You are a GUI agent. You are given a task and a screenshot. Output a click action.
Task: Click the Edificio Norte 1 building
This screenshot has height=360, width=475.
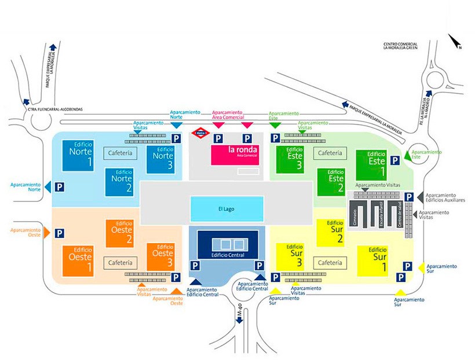[x=82, y=156]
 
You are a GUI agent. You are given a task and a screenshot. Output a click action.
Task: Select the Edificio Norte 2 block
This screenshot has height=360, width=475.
[x=119, y=181]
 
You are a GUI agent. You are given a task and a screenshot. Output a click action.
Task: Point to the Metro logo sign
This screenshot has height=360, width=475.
[x=200, y=133]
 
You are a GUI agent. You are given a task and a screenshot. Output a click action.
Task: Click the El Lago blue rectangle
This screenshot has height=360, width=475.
[x=226, y=208]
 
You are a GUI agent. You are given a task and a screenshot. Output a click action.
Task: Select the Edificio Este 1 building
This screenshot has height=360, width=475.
[x=371, y=164]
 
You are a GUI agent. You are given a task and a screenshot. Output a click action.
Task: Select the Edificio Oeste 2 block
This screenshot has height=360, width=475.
[x=120, y=234]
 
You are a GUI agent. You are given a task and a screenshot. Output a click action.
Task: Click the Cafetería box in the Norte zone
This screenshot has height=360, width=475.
[x=120, y=153]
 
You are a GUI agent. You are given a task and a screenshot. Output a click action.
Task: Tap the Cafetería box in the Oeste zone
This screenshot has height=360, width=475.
[x=121, y=262]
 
